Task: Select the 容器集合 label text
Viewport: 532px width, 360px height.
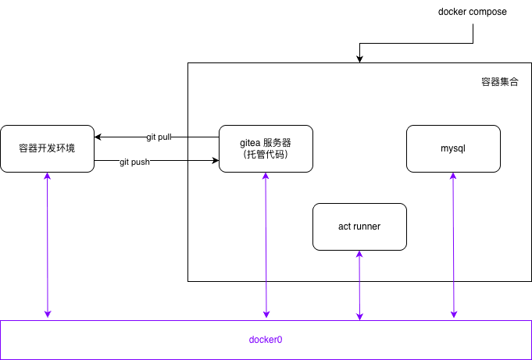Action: (499, 81)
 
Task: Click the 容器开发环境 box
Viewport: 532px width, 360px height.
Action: (47, 148)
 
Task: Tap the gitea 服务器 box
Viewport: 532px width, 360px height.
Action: (266, 148)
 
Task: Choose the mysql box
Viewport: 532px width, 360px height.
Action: (453, 148)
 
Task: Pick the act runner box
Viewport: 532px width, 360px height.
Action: (359, 226)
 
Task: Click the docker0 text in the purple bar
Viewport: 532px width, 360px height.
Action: (266, 340)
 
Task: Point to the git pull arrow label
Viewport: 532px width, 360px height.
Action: (159, 137)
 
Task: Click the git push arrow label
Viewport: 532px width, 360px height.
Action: (134, 162)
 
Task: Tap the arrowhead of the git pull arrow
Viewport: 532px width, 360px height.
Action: (98, 137)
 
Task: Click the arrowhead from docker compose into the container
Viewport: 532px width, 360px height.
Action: (359, 59)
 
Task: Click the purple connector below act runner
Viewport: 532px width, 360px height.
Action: (359, 285)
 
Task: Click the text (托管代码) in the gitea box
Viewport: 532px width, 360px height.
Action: (266, 155)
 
